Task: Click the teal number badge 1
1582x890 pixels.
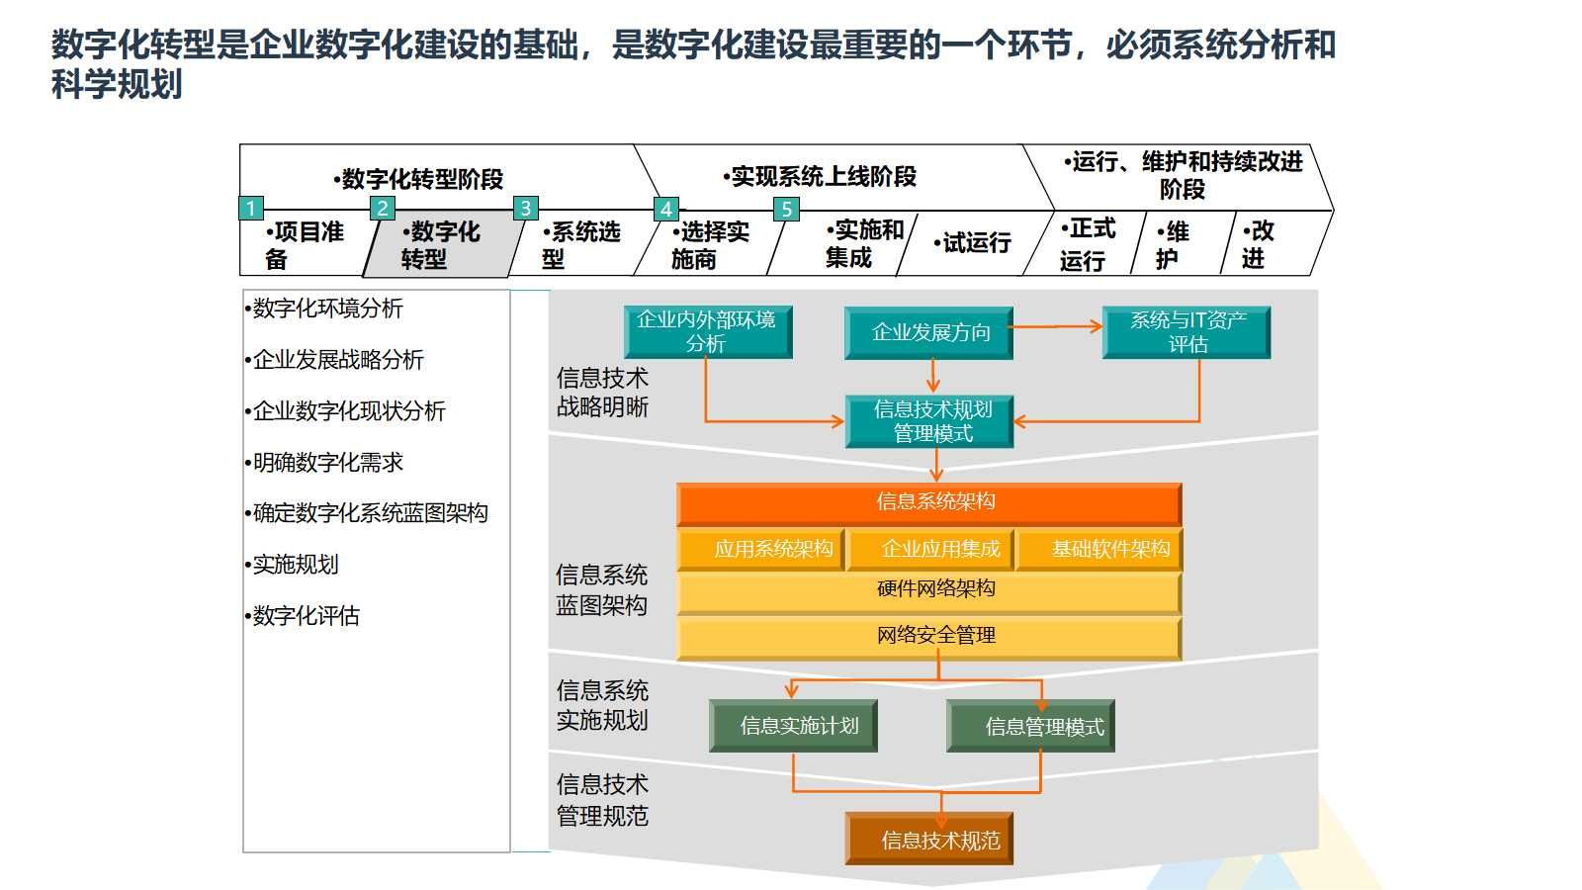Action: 251,208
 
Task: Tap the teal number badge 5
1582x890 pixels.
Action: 786,209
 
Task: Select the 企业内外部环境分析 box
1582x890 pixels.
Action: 707,331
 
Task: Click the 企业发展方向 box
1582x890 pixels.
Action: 929,332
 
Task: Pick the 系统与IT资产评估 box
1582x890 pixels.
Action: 1186,331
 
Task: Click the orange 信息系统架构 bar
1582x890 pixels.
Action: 929,502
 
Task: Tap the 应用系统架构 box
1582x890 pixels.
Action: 760,550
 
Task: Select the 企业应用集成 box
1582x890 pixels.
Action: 931,550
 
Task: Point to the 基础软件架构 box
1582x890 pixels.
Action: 1099,550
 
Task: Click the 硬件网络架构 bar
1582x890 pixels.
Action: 929,590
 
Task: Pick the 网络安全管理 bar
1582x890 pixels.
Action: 929,636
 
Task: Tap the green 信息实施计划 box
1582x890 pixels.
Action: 793,726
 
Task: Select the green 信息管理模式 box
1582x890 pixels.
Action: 1030,726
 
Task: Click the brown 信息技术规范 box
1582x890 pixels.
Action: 929,841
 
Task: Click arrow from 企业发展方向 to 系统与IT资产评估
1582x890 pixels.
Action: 1056,325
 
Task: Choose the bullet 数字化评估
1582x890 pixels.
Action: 306,616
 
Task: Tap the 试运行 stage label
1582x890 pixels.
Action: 975,243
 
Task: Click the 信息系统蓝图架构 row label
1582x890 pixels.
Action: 601,589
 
